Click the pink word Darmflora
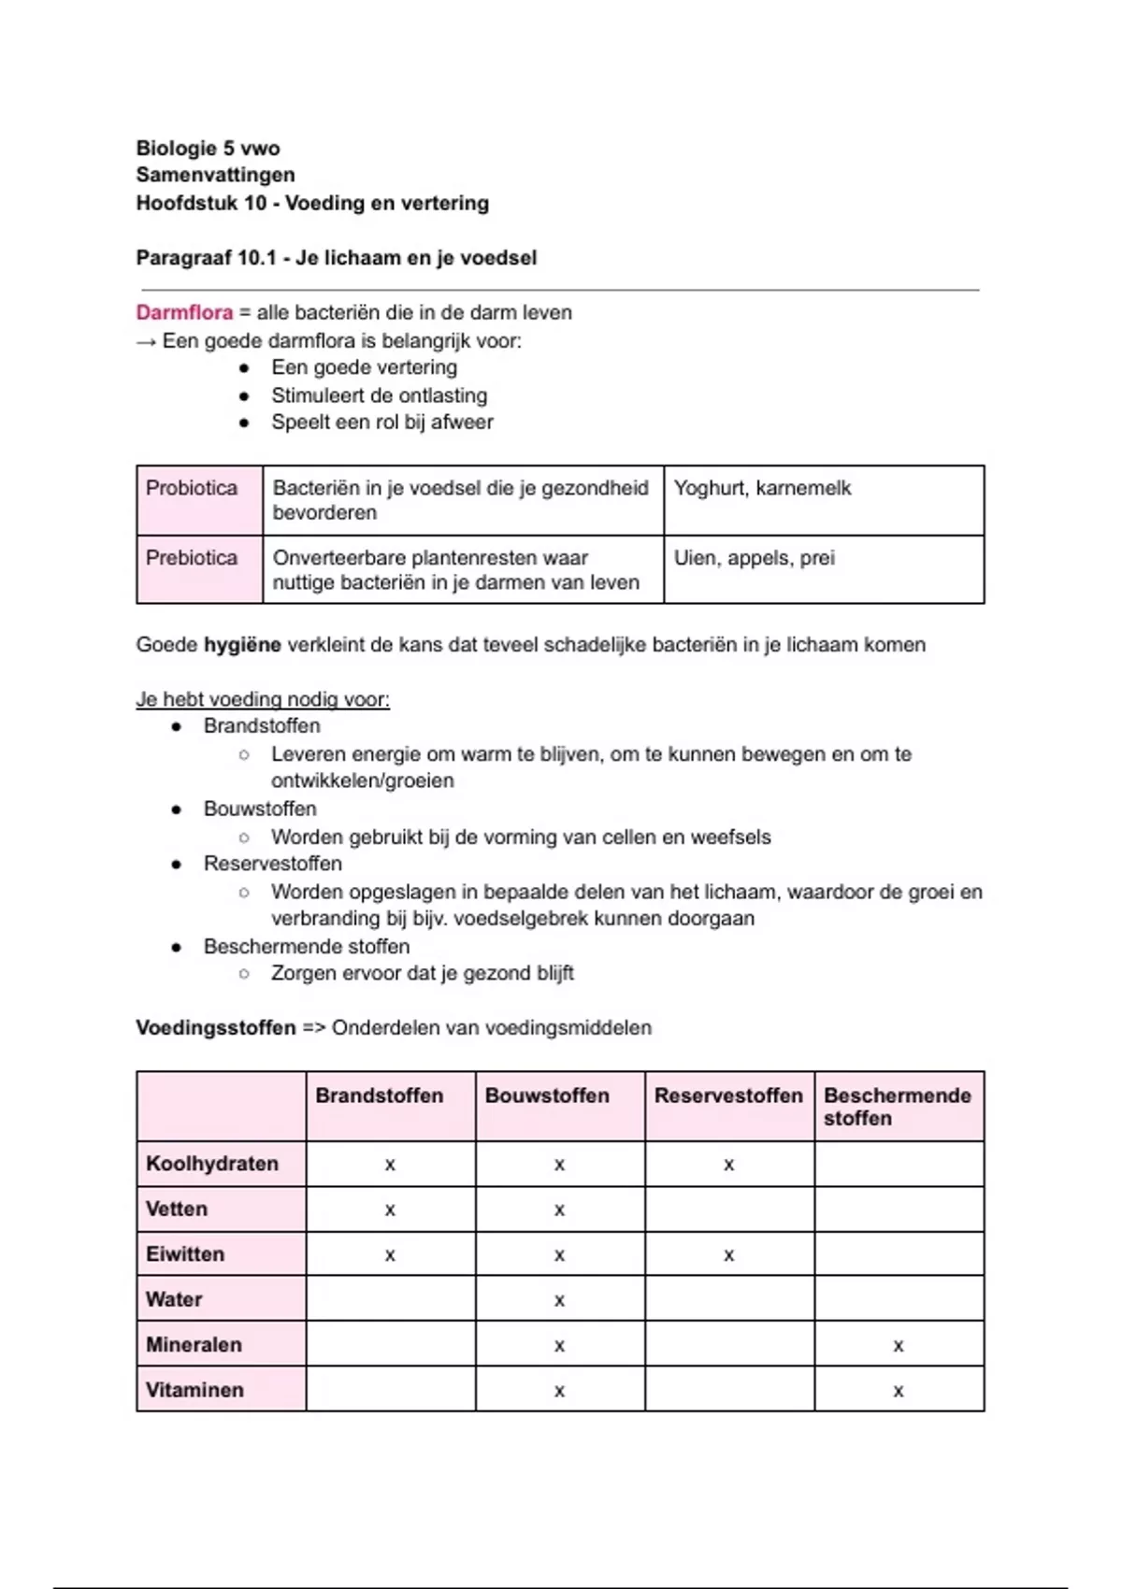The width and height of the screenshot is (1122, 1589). point(184,312)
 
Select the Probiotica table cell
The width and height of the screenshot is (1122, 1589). point(192,488)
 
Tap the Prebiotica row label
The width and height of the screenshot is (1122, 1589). point(192,558)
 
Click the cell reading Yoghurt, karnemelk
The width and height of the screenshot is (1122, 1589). point(762,488)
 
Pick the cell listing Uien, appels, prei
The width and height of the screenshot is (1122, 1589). point(754,558)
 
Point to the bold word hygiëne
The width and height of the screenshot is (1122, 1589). point(242,645)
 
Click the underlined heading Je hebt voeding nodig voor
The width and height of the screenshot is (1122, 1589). point(263,699)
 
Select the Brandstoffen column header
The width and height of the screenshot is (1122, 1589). point(380,1095)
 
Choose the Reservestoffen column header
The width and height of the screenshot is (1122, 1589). point(728,1095)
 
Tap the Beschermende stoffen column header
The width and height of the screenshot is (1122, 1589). point(897,1107)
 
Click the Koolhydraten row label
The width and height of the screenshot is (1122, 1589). point(212,1164)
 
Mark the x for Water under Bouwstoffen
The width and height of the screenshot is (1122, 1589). point(559,1300)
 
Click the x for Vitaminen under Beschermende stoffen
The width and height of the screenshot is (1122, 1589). point(899,1391)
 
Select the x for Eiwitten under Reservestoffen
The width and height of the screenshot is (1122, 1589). point(728,1255)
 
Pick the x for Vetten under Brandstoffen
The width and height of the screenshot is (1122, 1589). point(390,1210)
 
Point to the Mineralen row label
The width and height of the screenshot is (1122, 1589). point(194,1345)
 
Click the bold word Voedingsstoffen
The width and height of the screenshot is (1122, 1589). point(216,1028)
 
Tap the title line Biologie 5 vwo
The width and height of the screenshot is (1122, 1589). point(208,148)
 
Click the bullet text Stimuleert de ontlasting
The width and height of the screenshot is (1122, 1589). point(379,395)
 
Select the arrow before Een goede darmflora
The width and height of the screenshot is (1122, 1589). point(146,341)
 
